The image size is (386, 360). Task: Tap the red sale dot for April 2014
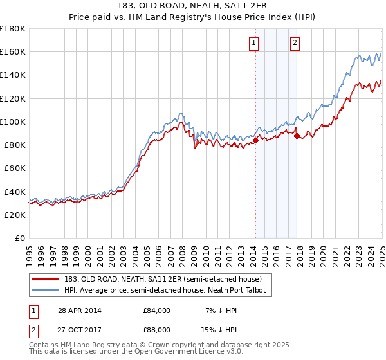point(255,139)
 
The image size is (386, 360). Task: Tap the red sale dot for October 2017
point(297,135)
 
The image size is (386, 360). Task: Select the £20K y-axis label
point(15,215)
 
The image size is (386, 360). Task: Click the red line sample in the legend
point(44,280)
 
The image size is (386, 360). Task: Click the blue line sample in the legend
point(44,291)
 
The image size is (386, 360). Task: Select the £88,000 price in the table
point(152,330)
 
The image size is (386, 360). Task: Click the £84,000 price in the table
point(152,310)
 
